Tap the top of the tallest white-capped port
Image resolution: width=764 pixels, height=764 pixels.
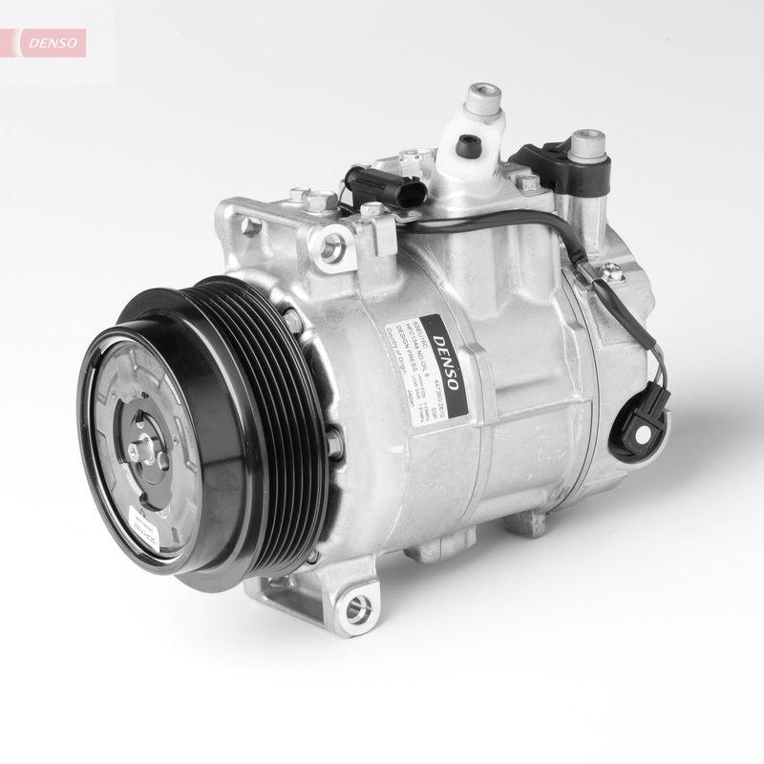pos(477,95)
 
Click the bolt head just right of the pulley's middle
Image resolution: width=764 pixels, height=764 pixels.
pos(333,439)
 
